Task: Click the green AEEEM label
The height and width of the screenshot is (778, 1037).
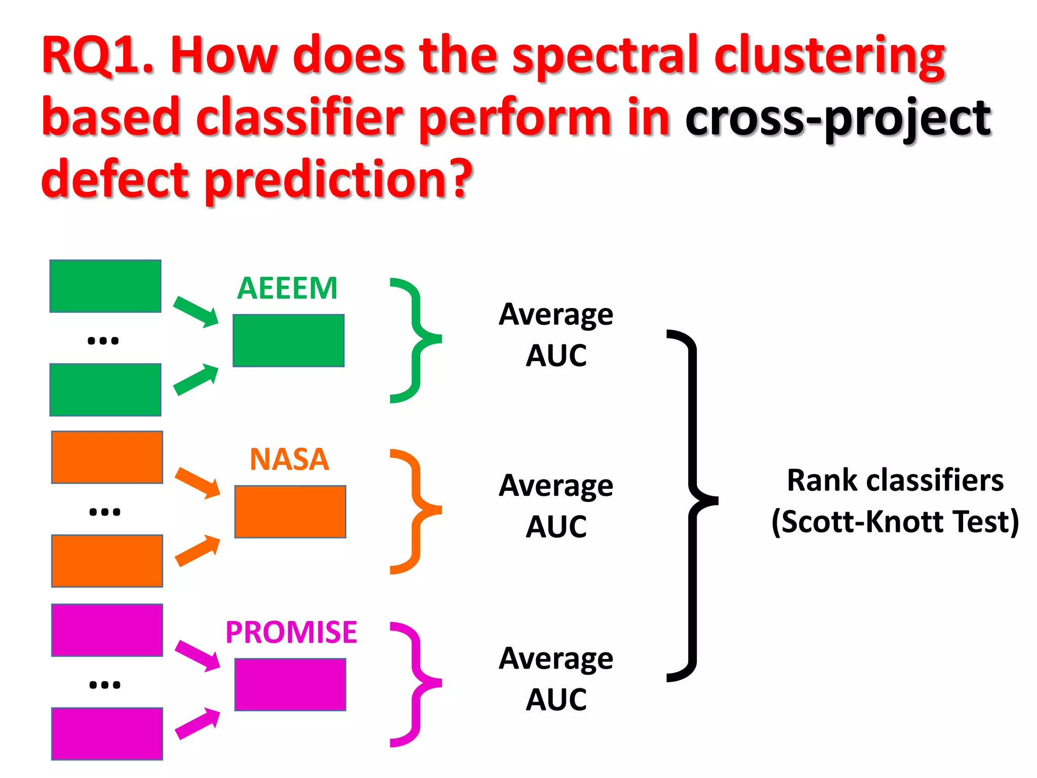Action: click(x=287, y=288)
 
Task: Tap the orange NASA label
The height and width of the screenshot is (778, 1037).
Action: click(x=289, y=459)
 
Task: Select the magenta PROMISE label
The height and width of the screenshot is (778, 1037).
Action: click(x=291, y=632)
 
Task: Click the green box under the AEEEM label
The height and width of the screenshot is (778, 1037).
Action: click(x=289, y=340)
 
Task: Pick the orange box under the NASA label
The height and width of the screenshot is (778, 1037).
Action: click(x=290, y=512)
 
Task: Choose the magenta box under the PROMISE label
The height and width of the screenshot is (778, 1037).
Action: click(x=290, y=684)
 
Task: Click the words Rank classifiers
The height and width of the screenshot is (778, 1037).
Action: click(x=895, y=480)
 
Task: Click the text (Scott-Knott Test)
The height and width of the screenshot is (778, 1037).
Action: click(x=895, y=522)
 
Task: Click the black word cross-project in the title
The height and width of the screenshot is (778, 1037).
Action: click(x=838, y=119)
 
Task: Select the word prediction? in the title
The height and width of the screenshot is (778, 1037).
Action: click(x=338, y=180)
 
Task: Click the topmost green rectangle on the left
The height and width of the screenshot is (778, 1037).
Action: click(x=105, y=286)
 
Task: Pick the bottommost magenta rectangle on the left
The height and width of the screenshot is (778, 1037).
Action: click(x=107, y=733)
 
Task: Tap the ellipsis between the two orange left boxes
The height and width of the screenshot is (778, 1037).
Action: click(x=104, y=512)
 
